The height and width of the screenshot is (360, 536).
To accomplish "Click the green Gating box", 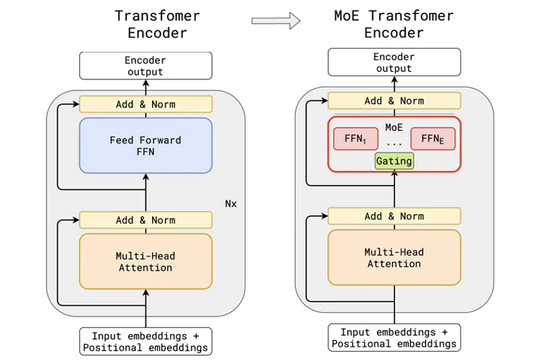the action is point(395,161).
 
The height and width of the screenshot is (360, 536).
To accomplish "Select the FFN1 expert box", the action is point(356,139).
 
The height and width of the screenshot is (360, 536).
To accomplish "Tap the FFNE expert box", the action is point(433,139).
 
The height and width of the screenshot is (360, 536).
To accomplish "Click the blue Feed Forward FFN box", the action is point(145,145).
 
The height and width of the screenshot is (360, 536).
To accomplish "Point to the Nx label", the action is point(231,204).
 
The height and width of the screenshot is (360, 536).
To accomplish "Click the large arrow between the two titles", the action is point(276,21).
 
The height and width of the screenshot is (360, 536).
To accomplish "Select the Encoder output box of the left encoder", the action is point(145,66).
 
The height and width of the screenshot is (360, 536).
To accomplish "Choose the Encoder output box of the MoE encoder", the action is point(394,62).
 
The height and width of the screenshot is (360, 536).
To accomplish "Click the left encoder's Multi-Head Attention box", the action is point(145,261).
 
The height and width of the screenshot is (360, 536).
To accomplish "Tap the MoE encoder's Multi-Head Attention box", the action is point(394,258).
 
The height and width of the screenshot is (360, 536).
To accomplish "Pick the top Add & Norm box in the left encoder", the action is point(145,104).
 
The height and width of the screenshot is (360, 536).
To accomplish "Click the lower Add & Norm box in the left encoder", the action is point(145,220).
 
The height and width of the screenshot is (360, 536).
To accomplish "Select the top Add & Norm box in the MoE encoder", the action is point(394,101).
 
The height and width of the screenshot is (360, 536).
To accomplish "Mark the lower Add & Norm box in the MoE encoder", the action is point(394,216).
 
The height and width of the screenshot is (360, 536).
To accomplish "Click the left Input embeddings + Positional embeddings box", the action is point(145,342).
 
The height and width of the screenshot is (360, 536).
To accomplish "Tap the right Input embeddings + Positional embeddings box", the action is point(394,338).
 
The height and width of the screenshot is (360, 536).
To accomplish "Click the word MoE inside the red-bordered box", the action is point(394,127).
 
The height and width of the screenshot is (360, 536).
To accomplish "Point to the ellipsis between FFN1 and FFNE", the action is point(394,145).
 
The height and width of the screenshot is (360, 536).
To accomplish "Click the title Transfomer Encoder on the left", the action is point(158,24).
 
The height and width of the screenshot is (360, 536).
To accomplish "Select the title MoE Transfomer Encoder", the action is point(394,24).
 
